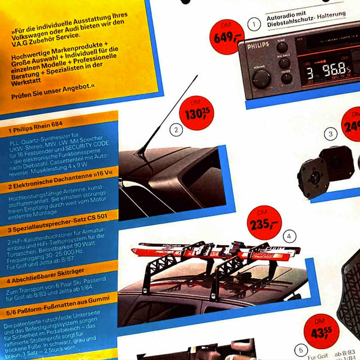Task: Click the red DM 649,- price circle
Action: [226, 37]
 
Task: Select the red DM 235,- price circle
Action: [264, 222]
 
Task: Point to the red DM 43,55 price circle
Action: [321, 331]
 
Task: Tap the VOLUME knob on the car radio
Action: [261, 77]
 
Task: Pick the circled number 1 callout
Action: [254, 25]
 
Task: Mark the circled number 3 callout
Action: [330, 134]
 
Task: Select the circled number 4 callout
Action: [291, 236]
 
